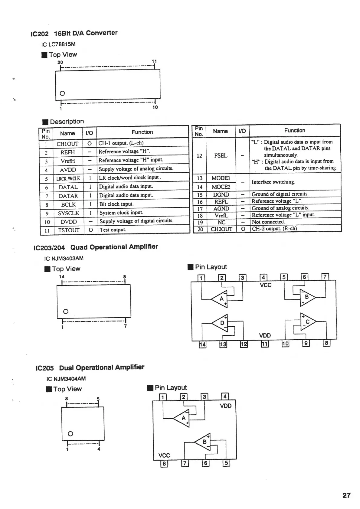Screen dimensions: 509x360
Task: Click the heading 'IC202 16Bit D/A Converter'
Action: click(74, 33)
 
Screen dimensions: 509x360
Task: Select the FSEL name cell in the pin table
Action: click(221, 155)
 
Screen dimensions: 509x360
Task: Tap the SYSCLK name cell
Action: click(68, 213)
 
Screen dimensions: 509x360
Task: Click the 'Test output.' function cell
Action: click(113, 230)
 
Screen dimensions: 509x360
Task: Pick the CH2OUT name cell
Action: click(221, 229)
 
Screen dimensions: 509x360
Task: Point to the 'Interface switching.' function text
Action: click(273, 182)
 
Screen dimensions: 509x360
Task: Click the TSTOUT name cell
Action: click(69, 230)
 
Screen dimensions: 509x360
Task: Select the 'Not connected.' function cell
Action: click(268, 222)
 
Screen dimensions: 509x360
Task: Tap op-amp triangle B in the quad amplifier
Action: click(307, 297)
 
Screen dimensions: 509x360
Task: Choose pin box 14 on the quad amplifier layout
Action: click(202, 344)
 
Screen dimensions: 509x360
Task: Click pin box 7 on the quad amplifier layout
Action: click(325, 276)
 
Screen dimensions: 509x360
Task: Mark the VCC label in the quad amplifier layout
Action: click(266, 285)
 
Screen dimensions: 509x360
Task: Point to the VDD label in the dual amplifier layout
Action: click(226, 406)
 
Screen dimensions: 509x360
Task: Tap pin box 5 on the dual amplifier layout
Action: click(226, 463)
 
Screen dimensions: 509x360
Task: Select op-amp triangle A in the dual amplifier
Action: click(183, 418)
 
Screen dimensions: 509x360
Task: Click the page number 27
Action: click(346, 495)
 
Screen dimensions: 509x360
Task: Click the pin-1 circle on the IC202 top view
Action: click(62, 93)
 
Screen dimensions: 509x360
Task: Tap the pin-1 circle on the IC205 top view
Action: click(70, 434)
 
